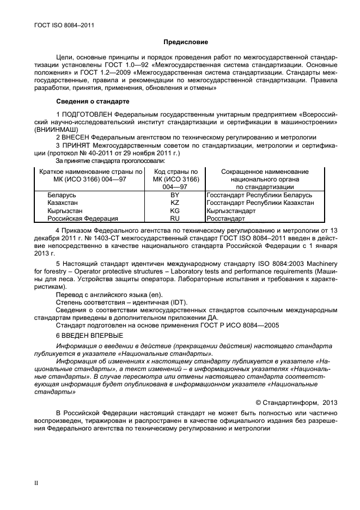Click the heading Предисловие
(185, 42)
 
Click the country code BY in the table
(175, 195)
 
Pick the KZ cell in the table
(175, 202)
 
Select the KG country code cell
(175, 210)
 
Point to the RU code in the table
(175, 218)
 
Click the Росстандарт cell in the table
(226, 218)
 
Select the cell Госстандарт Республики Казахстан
(260, 202)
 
